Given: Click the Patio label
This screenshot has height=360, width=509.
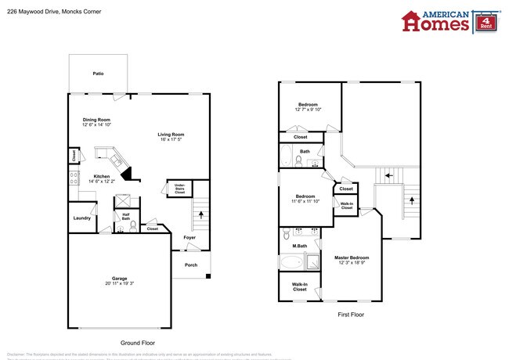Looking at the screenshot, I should tap(98, 74).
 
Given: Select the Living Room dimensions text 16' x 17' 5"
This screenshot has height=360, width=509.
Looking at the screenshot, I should tap(170, 139).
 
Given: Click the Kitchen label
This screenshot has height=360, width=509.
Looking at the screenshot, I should tap(102, 176).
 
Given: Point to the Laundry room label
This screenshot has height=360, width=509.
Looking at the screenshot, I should tap(81, 218).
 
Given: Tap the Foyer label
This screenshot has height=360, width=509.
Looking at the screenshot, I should tap(190, 237).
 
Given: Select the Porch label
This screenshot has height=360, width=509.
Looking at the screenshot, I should tap(190, 265).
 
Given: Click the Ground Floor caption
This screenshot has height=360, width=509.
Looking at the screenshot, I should tap(139, 343).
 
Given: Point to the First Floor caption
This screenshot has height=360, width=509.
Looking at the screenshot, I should tap(352, 315).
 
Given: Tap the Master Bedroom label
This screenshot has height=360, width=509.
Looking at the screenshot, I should tap(351, 257).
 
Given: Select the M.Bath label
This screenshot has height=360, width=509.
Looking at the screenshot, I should tap(299, 247).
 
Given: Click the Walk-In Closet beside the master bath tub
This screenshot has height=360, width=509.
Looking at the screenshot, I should tap(299, 286).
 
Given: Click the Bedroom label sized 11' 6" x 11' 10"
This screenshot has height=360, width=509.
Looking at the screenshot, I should tap(306, 196).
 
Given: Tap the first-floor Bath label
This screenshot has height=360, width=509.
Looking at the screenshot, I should tap(304, 151).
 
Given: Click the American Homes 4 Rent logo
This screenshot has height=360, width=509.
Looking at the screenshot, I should tap(446, 21).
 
